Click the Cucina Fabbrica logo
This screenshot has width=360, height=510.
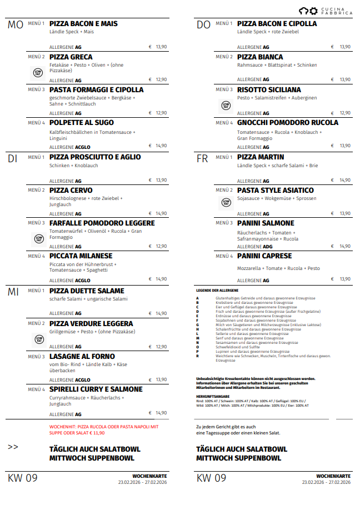click(x=325, y=11)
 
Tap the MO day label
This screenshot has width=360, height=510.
click(x=16, y=25)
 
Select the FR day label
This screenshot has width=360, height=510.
click(x=203, y=158)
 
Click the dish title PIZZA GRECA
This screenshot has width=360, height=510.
click(x=71, y=57)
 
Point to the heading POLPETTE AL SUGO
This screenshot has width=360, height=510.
click(x=81, y=122)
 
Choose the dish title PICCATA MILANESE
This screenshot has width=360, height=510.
click(x=81, y=256)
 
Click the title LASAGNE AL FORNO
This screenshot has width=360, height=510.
click(x=82, y=356)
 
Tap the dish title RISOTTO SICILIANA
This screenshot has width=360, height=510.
click(x=269, y=89)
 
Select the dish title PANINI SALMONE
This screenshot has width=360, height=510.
click(x=266, y=223)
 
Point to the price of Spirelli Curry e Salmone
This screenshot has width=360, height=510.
click(x=161, y=413)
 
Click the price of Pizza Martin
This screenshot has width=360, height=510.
click(x=345, y=180)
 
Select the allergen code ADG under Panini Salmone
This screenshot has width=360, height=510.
click(x=267, y=246)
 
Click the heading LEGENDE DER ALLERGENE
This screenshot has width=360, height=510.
click(x=217, y=291)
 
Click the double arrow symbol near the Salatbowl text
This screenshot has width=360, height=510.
click(x=13, y=446)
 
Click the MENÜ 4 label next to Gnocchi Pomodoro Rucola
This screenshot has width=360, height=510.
click(x=224, y=123)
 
